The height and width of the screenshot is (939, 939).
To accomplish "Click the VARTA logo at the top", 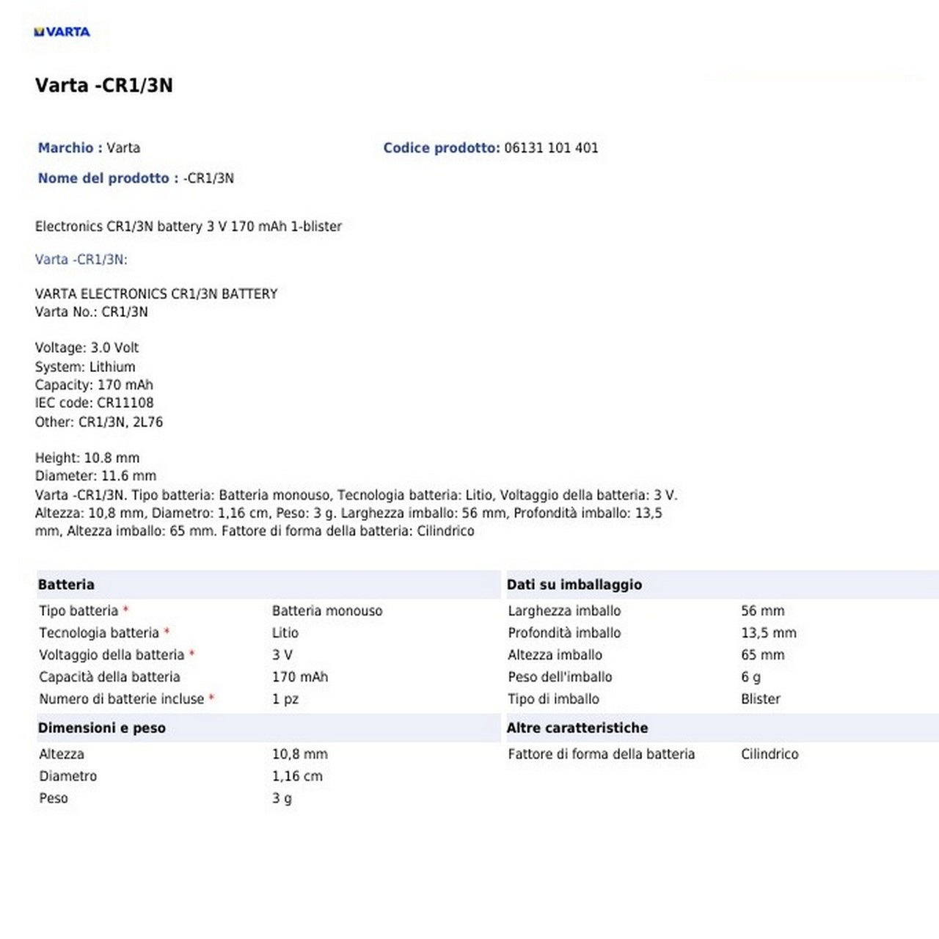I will pos(62,32).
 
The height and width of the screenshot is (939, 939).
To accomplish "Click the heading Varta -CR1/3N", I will pos(104,85).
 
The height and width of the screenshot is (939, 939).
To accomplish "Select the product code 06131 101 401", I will pos(551,147).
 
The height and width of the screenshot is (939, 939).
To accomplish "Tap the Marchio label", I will pos(66,147).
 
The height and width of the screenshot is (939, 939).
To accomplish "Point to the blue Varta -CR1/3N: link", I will pos(81,259).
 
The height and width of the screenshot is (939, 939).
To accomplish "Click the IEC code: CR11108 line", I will pos(94,403).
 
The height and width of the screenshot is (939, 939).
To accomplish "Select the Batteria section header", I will pos(66,585).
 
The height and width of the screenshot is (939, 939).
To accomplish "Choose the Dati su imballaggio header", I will pos(574,585).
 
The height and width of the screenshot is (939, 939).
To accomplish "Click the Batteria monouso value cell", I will pos(327,610).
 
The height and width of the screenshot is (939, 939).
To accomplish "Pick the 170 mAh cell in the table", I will pos(300,676).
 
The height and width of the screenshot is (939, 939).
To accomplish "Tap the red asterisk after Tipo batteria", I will pos(125,610).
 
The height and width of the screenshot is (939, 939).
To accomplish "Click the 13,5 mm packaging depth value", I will pos(768,632).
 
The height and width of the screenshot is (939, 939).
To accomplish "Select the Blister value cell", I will pos(761,698).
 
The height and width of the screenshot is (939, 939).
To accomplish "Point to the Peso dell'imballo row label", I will pos(560,676).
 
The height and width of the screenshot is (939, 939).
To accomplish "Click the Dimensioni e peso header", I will pos(102,728).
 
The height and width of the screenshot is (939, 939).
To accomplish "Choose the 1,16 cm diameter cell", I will pos(297,775).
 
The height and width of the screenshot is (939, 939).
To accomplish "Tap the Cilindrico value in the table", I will pos(770,753).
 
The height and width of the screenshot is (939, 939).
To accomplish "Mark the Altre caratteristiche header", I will pos(577,728).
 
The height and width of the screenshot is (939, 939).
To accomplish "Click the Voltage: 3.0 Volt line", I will pos(87,348).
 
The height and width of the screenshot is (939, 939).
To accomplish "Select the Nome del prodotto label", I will pos(103,178).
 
